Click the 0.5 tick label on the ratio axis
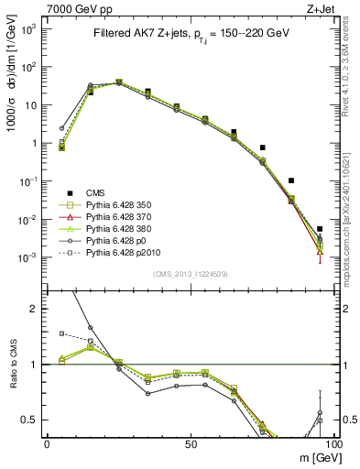pyautogui.click(x=29, y=420)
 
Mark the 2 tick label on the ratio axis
pyautogui.click(x=35, y=309)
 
